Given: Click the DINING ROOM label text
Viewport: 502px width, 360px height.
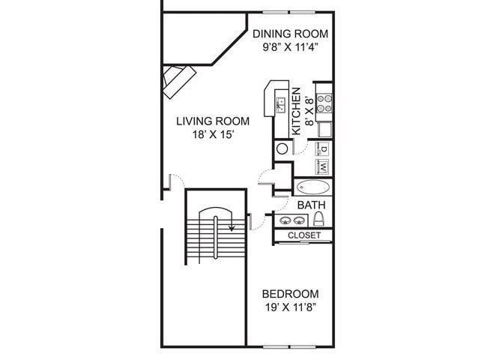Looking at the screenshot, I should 290,34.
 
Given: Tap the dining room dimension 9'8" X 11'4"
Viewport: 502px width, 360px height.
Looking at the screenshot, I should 290,47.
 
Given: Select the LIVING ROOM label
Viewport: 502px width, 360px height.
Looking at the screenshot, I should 213,121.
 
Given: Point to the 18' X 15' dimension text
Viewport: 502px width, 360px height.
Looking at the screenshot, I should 213,135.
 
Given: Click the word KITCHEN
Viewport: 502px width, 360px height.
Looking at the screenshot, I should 297,110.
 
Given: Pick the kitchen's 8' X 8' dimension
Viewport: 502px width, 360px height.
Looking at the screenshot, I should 309,110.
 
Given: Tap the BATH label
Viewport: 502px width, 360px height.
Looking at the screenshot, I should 310,204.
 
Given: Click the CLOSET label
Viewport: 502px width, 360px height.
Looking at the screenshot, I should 304,235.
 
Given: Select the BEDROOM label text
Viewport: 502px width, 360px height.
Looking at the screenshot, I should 290,294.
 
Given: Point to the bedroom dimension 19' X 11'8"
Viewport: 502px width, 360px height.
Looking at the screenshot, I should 290,307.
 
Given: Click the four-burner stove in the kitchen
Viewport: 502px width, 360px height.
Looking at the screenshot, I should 324,102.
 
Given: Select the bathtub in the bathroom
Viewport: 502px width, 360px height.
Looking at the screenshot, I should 314,187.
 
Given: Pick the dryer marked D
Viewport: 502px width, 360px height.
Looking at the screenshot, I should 324,149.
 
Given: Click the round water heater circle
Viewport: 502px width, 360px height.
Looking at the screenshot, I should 282,148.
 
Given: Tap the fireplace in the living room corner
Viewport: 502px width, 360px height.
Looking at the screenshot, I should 178,79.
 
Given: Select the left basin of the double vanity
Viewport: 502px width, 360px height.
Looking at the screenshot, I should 285,220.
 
